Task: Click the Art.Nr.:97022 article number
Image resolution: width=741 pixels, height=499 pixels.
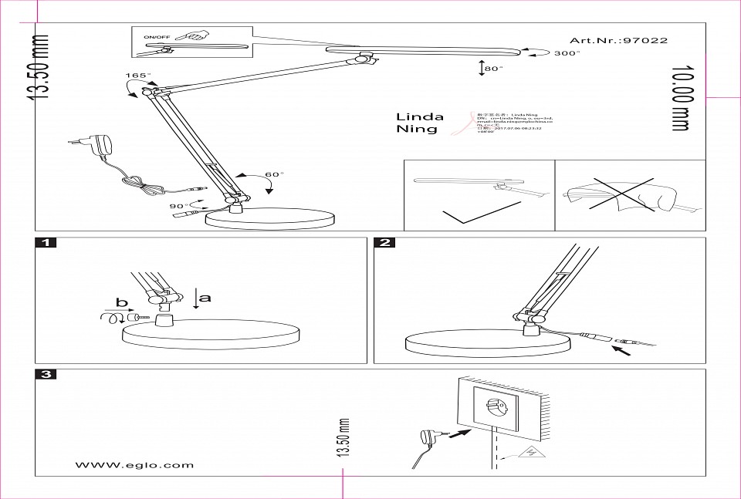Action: [618, 40]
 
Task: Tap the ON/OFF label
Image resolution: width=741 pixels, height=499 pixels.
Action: [157, 37]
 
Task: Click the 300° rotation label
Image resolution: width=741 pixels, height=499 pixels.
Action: [566, 53]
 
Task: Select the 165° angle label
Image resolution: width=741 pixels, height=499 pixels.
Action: [138, 76]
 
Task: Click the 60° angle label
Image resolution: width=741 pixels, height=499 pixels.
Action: [274, 174]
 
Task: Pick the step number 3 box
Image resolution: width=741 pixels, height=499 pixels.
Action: [46, 375]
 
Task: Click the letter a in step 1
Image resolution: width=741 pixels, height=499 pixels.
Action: [205, 296]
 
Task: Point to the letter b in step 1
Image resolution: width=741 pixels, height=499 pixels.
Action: [121, 302]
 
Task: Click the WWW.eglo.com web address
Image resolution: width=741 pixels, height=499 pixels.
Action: [134, 465]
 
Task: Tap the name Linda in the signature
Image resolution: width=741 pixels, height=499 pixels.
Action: [420, 117]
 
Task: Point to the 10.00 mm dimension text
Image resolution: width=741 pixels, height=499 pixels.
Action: [680, 99]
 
